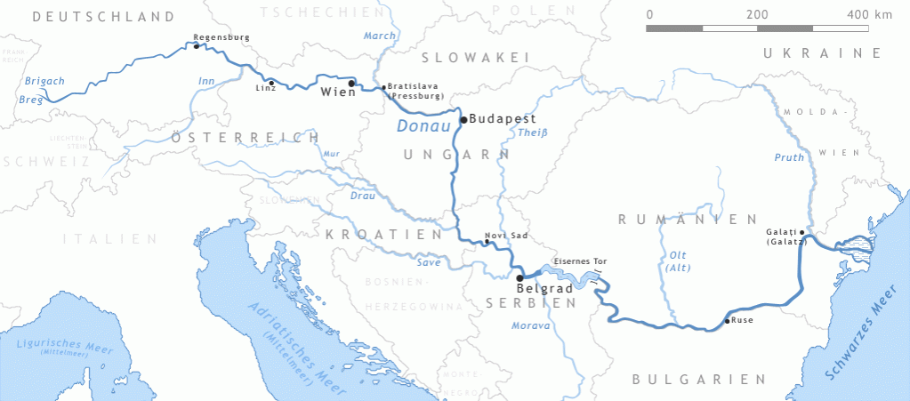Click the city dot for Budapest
click(463, 119)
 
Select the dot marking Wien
click(351, 84)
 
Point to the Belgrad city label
click(544, 289)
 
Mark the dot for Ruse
click(728, 321)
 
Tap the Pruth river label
click(789, 157)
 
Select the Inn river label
click(206, 82)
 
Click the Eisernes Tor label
click(580, 261)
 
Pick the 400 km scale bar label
click(870, 15)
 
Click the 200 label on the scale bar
click(757, 15)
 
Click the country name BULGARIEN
click(686, 379)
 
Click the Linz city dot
click(271, 83)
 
